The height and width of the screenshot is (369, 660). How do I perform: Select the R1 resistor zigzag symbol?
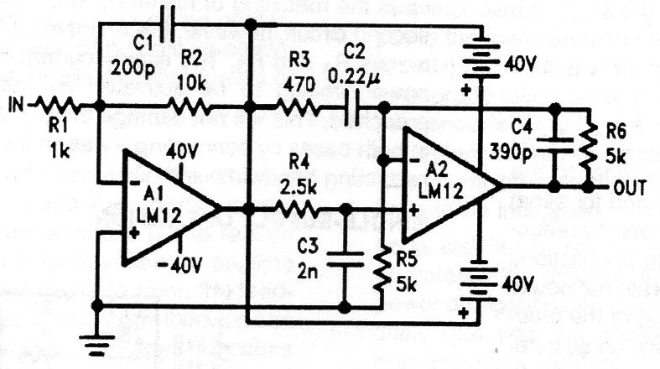point(60,107)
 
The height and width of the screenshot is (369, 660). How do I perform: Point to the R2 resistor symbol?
point(191,107)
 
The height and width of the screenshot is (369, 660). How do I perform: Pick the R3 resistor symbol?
point(298,107)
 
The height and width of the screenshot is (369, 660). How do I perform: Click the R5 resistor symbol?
point(382,262)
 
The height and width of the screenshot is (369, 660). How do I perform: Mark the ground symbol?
point(98,340)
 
